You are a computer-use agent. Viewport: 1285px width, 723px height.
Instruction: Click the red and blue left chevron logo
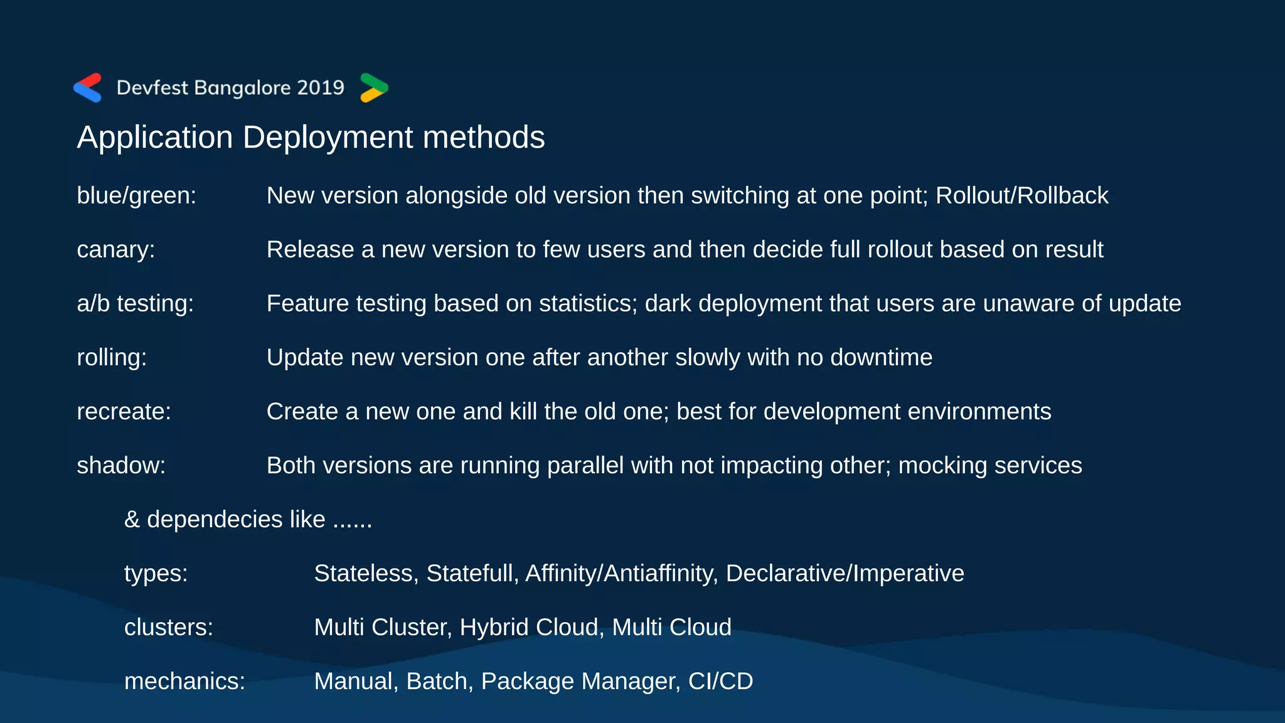(x=88, y=88)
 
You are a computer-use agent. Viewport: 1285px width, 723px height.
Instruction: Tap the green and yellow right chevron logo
(x=374, y=88)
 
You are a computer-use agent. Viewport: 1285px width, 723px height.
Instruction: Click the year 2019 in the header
(x=321, y=88)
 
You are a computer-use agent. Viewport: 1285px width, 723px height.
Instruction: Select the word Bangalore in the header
(x=242, y=88)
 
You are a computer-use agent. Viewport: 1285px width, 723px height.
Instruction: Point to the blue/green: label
(x=136, y=196)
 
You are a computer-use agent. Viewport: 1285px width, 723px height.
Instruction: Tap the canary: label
(x=115, y=250)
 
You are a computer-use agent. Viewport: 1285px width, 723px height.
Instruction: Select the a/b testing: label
(x=135, y=304)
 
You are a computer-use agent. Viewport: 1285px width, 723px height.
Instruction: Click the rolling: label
(x=112, y=358)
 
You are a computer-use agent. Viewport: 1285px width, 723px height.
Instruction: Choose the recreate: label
(x=124, y=412)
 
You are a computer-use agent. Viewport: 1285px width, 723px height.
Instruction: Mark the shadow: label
(x=121, y=466)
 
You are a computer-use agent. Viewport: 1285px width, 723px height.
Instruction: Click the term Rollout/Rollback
(x=1021, y=196)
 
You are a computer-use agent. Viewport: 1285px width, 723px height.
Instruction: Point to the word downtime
(x=881, y=358)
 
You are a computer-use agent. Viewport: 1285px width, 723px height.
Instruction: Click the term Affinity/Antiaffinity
(x=621, y=574)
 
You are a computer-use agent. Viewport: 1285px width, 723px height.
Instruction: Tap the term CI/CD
(x=720, y=682)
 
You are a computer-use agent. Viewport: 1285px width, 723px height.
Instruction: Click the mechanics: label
(x=184, y=682)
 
